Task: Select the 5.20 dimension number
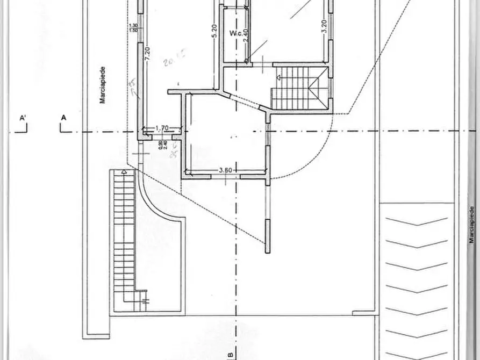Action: (214, 31)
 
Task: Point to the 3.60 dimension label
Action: (225, 170)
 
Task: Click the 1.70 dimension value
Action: (162, 128)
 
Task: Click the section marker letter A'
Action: (23, 117)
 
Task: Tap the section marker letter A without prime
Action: (63, 117)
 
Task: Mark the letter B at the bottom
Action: (230, 355)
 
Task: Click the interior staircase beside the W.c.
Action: (299, 89)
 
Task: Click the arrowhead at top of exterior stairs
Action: (124, 172)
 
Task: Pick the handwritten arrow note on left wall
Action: (132, 89)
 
